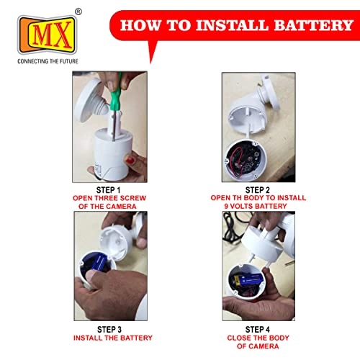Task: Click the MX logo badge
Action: coord(48,35)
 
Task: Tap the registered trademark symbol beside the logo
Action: coord(78,12)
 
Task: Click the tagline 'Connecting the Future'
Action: coord(48,61)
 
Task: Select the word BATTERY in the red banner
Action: coord(313,25)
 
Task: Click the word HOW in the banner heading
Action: coord(141,25)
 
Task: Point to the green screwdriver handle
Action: coord(114,94)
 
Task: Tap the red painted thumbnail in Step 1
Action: coord(130,160)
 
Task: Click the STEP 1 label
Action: coord(108,190)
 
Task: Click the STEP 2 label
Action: coord(258,190)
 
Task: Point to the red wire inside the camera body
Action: coord(235,161)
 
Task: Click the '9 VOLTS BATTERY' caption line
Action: coord(256,206)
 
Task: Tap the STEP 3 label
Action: coord(109,329)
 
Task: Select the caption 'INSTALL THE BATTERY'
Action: coord(113,338)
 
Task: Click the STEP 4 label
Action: coord(258,329)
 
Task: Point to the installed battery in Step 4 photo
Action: coord(249,280)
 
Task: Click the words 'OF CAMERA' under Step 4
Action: coord(258,346)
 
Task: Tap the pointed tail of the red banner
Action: coord(150,63)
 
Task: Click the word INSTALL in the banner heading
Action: coord(232,25)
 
